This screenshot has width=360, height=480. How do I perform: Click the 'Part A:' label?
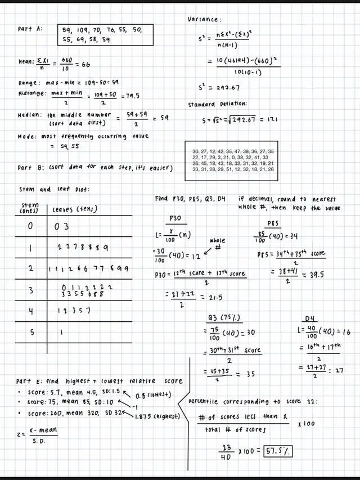tap(29, 29)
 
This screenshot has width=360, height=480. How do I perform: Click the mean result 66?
tap(86, 65)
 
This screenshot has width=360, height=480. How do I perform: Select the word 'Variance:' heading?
tap(205, 19)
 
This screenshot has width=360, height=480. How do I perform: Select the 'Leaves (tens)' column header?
tap(74, 209)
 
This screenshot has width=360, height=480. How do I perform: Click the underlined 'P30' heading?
tap(175, 218)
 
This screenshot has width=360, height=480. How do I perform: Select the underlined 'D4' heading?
tap(310, 318)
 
